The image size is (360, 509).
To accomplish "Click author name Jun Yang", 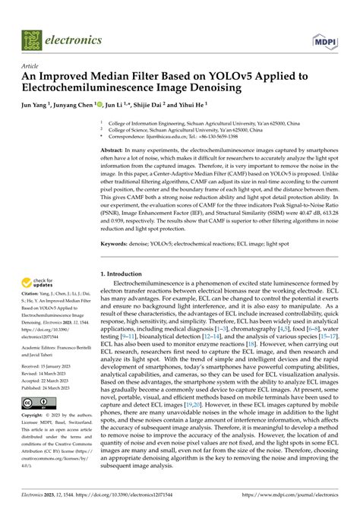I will coord(35,106).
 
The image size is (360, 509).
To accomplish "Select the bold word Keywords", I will coord(117,244).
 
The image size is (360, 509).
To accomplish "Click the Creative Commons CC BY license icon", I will coord(36,402).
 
